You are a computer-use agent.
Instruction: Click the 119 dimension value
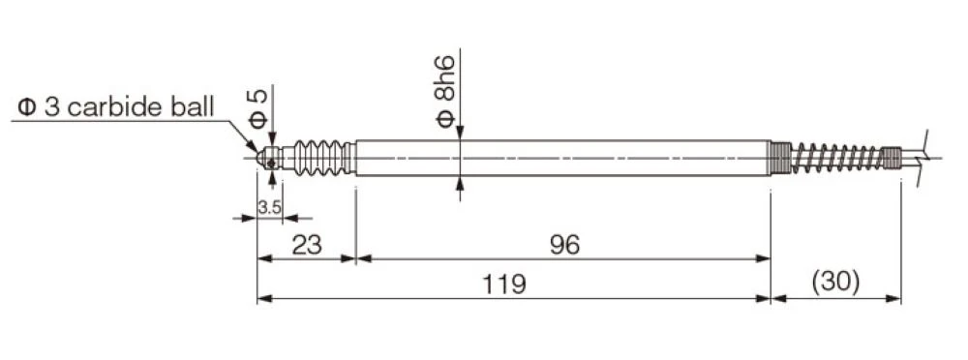[504, 285]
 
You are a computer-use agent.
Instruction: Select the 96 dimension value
[564, 246]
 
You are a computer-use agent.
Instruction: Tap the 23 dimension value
[307, 246]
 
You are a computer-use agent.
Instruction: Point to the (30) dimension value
[835, 283]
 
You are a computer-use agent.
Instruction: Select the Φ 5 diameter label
[258, 108]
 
